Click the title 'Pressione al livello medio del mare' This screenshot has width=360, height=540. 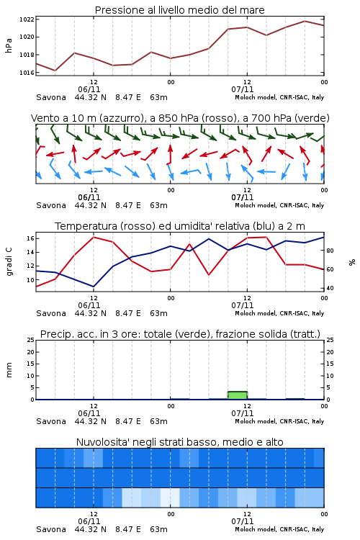click(179, 10)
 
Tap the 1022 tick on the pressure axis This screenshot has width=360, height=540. click(27, 19)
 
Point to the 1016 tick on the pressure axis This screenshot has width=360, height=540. click(27, 73)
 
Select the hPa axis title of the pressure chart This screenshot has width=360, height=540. click(9, 45)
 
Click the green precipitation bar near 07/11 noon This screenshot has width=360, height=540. click(238, 395)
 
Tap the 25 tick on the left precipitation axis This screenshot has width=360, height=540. click(31, 340)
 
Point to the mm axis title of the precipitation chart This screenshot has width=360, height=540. click(9, 370)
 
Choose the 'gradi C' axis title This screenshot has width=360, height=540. click(9, 262)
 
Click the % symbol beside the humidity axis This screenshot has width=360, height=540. click(352, 262)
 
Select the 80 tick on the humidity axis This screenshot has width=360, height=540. click(330, 251)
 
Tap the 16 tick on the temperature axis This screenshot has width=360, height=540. click(30, 238)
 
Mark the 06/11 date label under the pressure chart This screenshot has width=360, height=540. click(89, 89)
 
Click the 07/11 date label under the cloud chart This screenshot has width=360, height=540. click(243, 521)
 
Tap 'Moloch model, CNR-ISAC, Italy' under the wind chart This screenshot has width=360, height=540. click(279, 205)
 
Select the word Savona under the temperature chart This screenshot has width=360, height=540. click(51, 313)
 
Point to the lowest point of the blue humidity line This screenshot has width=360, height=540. click(94, 287)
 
